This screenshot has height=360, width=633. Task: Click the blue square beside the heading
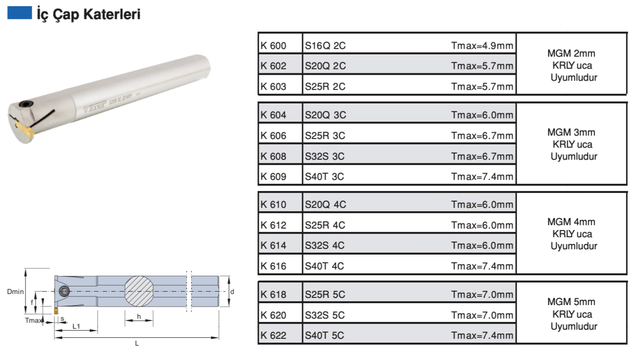tap(20, 13)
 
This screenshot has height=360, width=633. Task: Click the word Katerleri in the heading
tap(112, 14)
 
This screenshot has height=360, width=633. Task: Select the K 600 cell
tap(273, 46)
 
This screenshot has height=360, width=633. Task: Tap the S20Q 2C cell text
tap(325, 66)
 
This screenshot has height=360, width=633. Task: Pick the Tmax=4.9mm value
tap(482, 46)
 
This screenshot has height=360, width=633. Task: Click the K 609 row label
tap(273, 177)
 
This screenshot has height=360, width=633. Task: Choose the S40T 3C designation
tap(324, 177)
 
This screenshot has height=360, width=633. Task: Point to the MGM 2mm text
tap(571, 53)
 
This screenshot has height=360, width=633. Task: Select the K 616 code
tap(273, 266)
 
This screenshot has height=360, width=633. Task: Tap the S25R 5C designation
tap(325, 295)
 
